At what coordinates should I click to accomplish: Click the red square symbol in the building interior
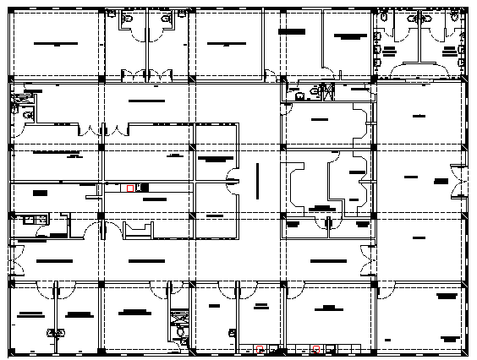point(129,188)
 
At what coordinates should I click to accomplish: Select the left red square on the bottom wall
point(261,348)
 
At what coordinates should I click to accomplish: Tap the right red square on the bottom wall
point(315,348)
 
